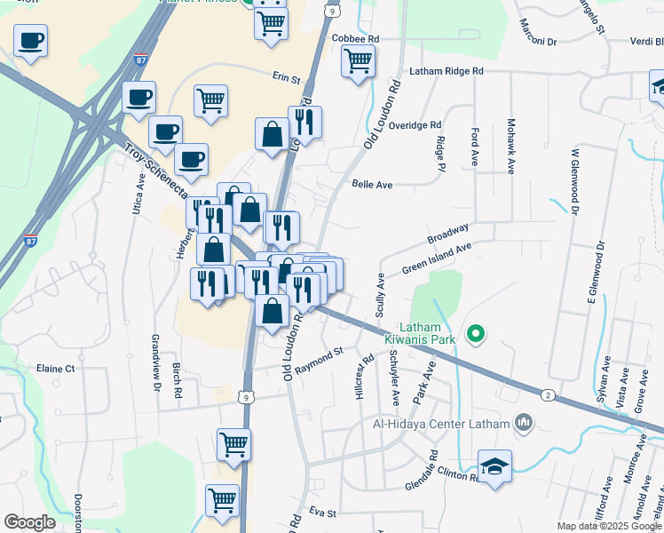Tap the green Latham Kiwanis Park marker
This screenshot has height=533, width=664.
point(476,334)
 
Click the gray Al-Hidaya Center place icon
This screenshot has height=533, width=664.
point(524,423)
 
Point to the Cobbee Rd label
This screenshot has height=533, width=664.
point(355,39)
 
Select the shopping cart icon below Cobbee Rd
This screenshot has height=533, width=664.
point(358,61)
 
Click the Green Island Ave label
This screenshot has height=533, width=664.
point(437,258)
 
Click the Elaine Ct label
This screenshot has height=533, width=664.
point(55,368)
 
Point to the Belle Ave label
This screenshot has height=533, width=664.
point(372,184)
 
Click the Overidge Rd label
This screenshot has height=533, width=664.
point(415,125)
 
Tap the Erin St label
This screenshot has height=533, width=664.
point(287,79)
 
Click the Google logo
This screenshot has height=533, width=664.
point(29,522)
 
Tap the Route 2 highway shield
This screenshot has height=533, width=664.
point(549,394)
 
